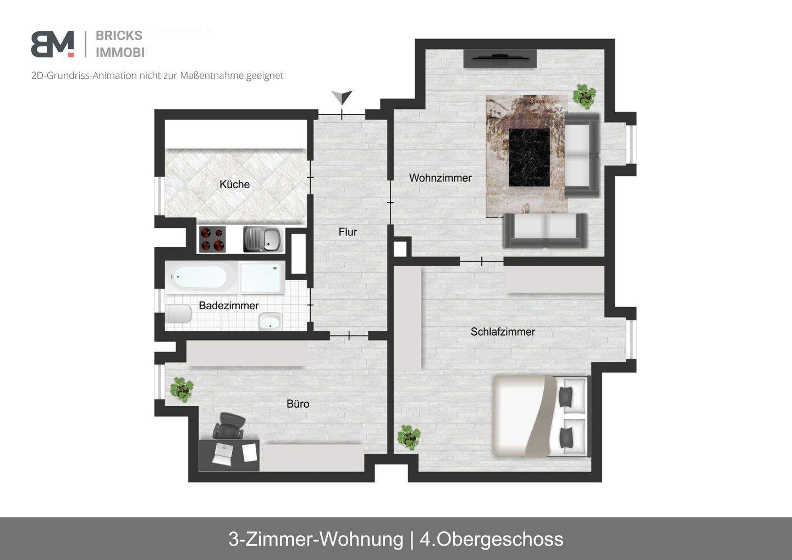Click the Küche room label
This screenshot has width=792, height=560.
(x=234, y=184)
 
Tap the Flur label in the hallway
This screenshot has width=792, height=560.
(x=348, y=232)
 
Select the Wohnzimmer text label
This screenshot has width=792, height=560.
(x=440, y=178)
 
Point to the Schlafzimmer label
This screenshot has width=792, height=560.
(x=502, y=332)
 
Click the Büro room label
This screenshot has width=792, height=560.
(x=298, y=404)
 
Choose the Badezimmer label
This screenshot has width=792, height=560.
(x=228, y=305)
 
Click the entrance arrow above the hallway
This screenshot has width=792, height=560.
(x=342, y=97)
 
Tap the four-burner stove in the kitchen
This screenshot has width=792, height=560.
(x=212, y=240)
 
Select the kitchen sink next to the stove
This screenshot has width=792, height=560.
(x=263, y=240)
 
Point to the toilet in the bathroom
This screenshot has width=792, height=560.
(x=178, y=314)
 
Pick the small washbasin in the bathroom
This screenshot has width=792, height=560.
(x=269, y=321)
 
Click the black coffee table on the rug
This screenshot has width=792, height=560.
(x=529, y=157)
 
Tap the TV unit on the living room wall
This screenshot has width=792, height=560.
(x=499, y=58)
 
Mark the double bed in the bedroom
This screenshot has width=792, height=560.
(x=541, y=416)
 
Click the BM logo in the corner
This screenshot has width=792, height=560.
(x=53, y=44)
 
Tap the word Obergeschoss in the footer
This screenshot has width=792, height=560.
(x=491, y=539)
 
